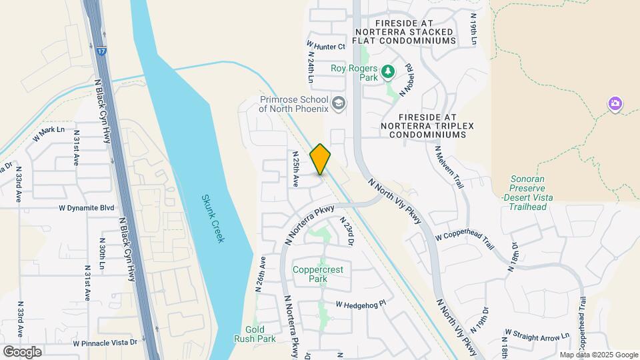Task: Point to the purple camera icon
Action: tap(615, 104)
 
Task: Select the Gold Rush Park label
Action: tap(260, 334)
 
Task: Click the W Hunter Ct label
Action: tap(327, 46)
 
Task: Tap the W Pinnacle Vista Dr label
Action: tap(105, 343)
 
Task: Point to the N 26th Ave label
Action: tap(261, 274)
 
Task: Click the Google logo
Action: tap(21, 351)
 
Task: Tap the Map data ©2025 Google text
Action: tap(599, 355)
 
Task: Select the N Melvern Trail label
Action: tap(449, 167)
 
